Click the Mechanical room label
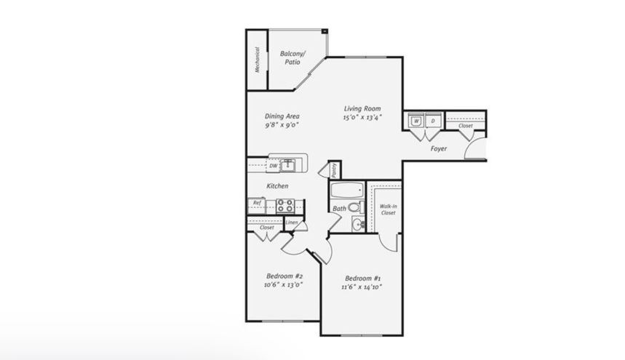(257, 60)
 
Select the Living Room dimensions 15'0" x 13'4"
(362, 118)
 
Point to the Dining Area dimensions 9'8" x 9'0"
(282, 125)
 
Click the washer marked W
(415, 121)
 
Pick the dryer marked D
(433, 121)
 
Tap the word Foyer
(439, 148)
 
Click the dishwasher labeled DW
(273, 166)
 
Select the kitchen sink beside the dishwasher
(287, 165)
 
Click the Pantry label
(335, 170)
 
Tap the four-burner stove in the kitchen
(285, 206)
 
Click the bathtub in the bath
(348, 190)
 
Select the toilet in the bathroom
(356, 207)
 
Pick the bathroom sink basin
(358, 224)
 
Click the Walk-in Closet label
(388, 209)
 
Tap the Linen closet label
(291, 223)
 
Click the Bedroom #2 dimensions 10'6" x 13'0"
(284, 285)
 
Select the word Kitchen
(277, 186)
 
